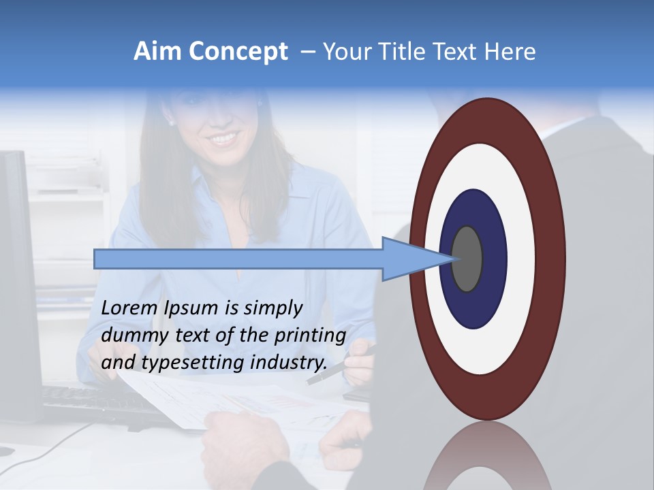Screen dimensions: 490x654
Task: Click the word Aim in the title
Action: click(157, 52)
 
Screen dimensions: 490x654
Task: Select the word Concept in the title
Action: click(238, 52)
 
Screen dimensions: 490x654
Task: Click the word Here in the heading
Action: click(510, 52)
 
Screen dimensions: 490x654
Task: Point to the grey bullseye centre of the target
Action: click(467, 259)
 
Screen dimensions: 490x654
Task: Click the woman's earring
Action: click(170, 123)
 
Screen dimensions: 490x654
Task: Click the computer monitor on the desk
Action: click(17, 272)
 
